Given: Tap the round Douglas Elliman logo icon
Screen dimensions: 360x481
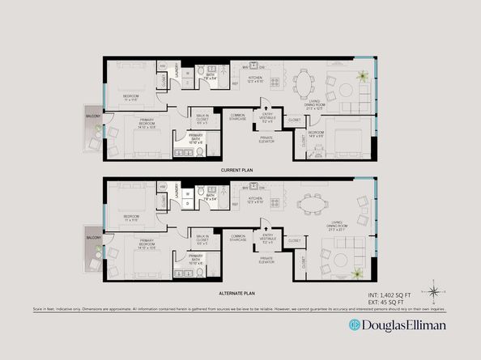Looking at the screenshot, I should pos(354,324).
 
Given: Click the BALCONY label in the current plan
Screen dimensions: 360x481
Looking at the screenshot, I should pos(92,115).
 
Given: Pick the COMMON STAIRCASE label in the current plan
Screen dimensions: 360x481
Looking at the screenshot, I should pos(238,117).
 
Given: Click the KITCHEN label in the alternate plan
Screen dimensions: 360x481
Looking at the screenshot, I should pos(257,198).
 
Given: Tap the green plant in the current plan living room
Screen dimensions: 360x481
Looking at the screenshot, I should pos(362,78).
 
